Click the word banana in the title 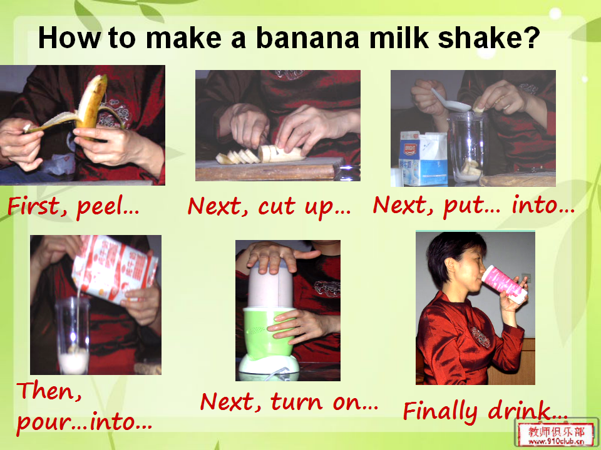tap(307, 37)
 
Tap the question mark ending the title tap(532, 37)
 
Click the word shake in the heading tap(479, 37)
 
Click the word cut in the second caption tap(277, 207)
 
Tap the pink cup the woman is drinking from tap(504, 284)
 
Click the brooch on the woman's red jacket tap(480, 336)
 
